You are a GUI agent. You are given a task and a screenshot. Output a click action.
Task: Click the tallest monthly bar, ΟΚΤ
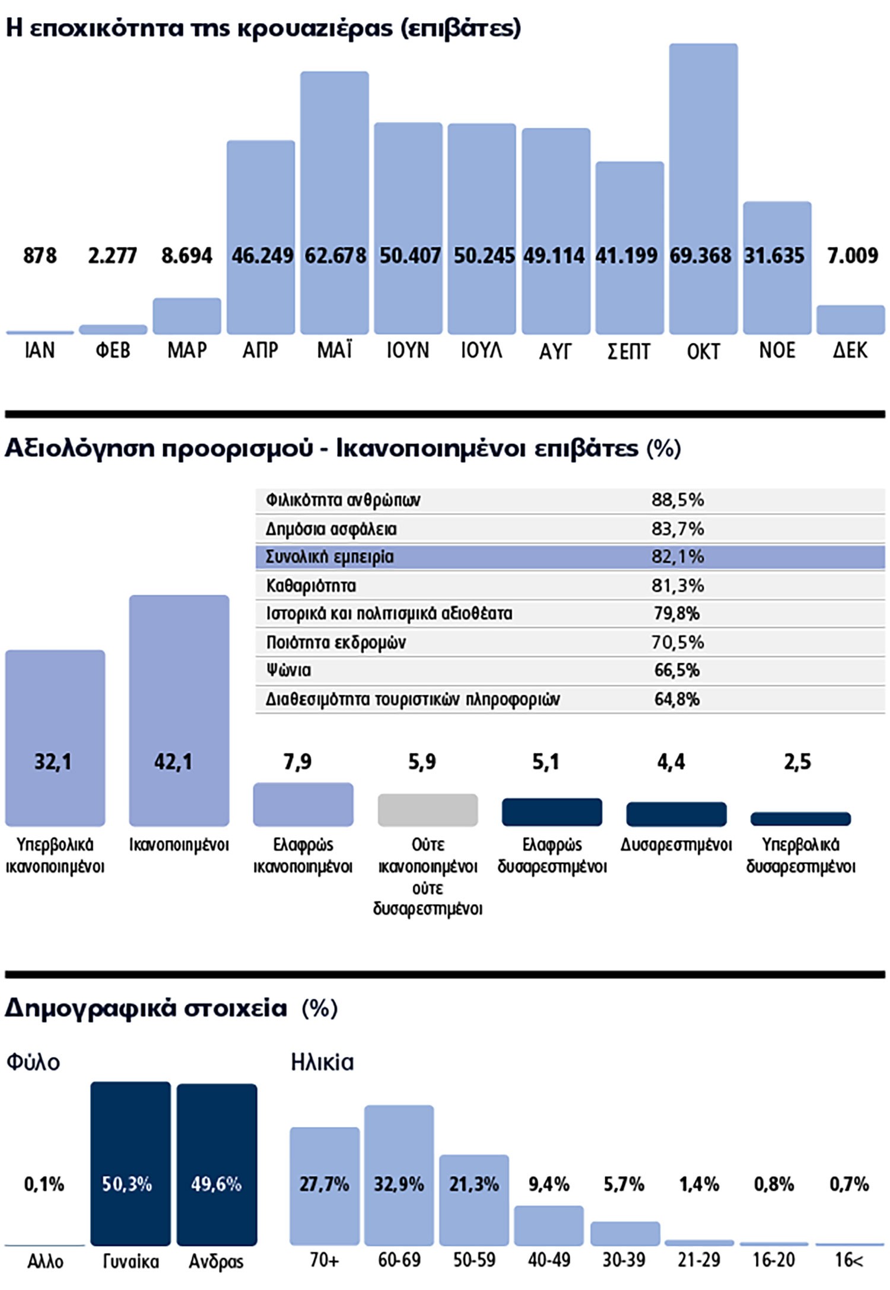703,148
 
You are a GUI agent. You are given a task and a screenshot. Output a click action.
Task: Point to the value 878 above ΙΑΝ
40,256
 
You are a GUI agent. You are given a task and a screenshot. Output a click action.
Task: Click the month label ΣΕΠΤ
629,351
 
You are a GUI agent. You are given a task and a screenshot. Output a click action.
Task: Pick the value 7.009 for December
852,256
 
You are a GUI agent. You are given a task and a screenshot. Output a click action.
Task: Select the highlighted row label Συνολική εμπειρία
329,557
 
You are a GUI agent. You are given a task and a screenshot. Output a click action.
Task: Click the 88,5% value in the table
678,500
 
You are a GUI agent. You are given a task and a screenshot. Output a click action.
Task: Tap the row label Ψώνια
288,671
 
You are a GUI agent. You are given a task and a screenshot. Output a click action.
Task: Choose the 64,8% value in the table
677,699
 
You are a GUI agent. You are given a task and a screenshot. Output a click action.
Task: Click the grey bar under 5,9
427,810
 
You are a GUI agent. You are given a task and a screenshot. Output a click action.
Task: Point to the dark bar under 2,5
800,819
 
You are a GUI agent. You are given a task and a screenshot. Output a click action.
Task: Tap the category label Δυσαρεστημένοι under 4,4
676,844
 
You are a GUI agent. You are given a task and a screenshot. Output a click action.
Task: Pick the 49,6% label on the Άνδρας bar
217,1184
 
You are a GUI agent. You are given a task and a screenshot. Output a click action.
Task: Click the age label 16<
849,1259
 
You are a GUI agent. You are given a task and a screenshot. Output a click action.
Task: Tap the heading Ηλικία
322,1062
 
